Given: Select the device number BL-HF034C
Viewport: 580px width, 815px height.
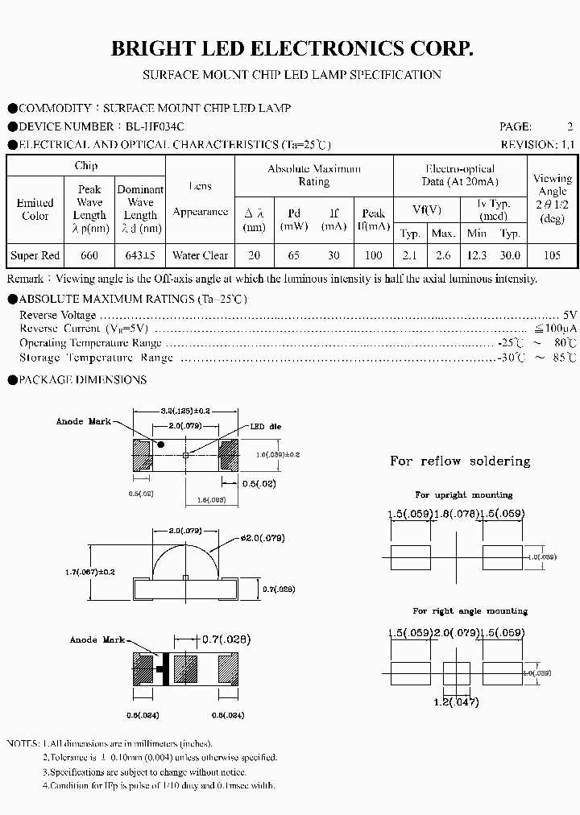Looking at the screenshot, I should pos(155,126).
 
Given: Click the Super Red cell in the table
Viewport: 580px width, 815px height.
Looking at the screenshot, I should pos(35,255).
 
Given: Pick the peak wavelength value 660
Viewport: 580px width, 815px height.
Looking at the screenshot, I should pos(89,255).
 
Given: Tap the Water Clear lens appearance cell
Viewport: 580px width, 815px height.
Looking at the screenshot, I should pos(200,255).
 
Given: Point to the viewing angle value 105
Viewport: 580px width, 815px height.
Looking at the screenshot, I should pos(552,255).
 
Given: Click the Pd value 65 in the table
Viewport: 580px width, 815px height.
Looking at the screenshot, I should pos(294,255).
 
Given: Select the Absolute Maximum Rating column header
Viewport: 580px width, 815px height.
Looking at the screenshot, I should pos(314,175).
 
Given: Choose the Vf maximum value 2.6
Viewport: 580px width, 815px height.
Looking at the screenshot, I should pos(443,255).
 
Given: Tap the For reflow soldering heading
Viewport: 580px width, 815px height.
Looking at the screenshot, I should pos(460,461).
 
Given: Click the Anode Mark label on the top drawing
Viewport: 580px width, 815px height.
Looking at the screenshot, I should pos(81,422).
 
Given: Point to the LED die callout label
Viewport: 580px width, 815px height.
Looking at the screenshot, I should pos(263,427).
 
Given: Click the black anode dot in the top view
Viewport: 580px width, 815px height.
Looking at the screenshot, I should pos(160,444).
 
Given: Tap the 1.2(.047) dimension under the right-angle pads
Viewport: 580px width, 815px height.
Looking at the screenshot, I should pos(456,701).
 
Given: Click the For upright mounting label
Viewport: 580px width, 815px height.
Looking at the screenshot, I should pos(463,495).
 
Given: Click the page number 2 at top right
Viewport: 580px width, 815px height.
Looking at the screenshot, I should pos(570,126).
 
